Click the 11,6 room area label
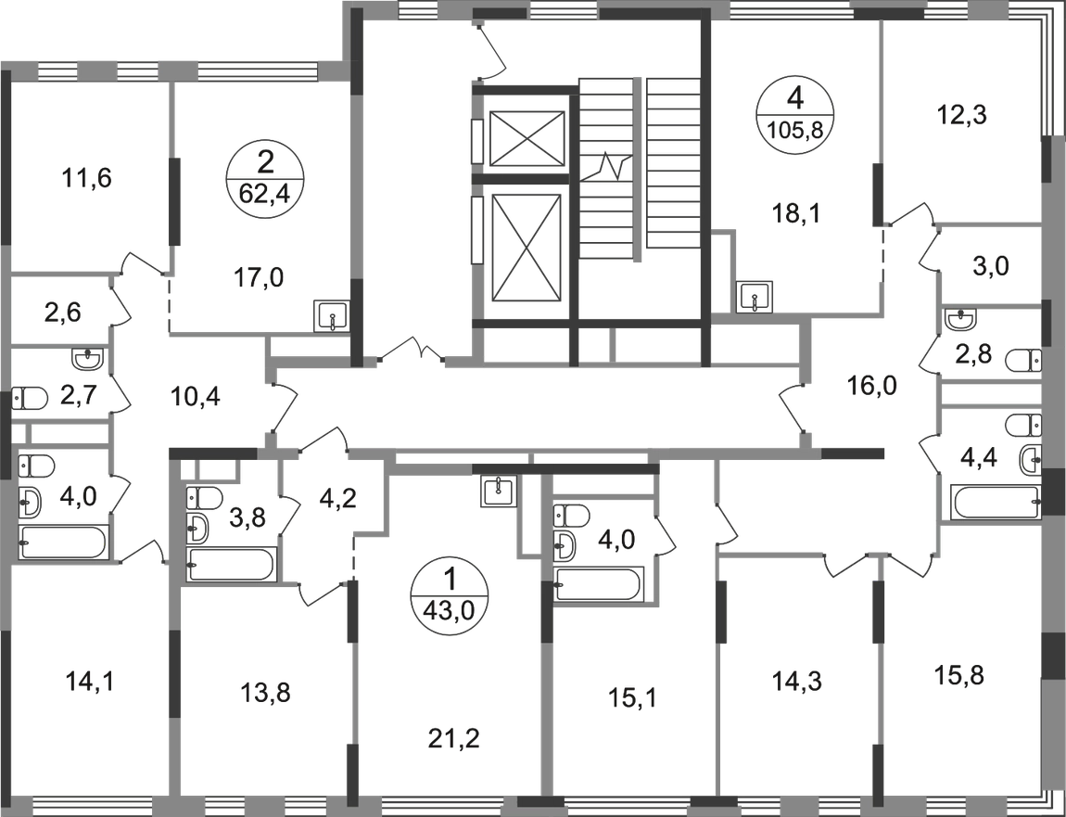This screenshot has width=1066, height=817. coord(85,179)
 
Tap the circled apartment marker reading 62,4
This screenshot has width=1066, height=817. coord(264,178)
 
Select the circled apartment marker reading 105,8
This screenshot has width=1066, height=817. coord(794,113)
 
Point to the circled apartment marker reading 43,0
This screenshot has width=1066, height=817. coord(449,592)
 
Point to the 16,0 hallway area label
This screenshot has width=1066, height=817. coord(872,387)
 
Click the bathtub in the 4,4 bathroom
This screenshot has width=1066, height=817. coord(996,503)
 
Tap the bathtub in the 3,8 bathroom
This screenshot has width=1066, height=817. coord(231,564)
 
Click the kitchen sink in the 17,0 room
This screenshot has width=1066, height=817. coord(331,316)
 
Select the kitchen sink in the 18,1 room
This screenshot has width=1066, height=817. coord(756,298)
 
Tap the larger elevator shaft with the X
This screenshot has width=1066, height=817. coord(527,248)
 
